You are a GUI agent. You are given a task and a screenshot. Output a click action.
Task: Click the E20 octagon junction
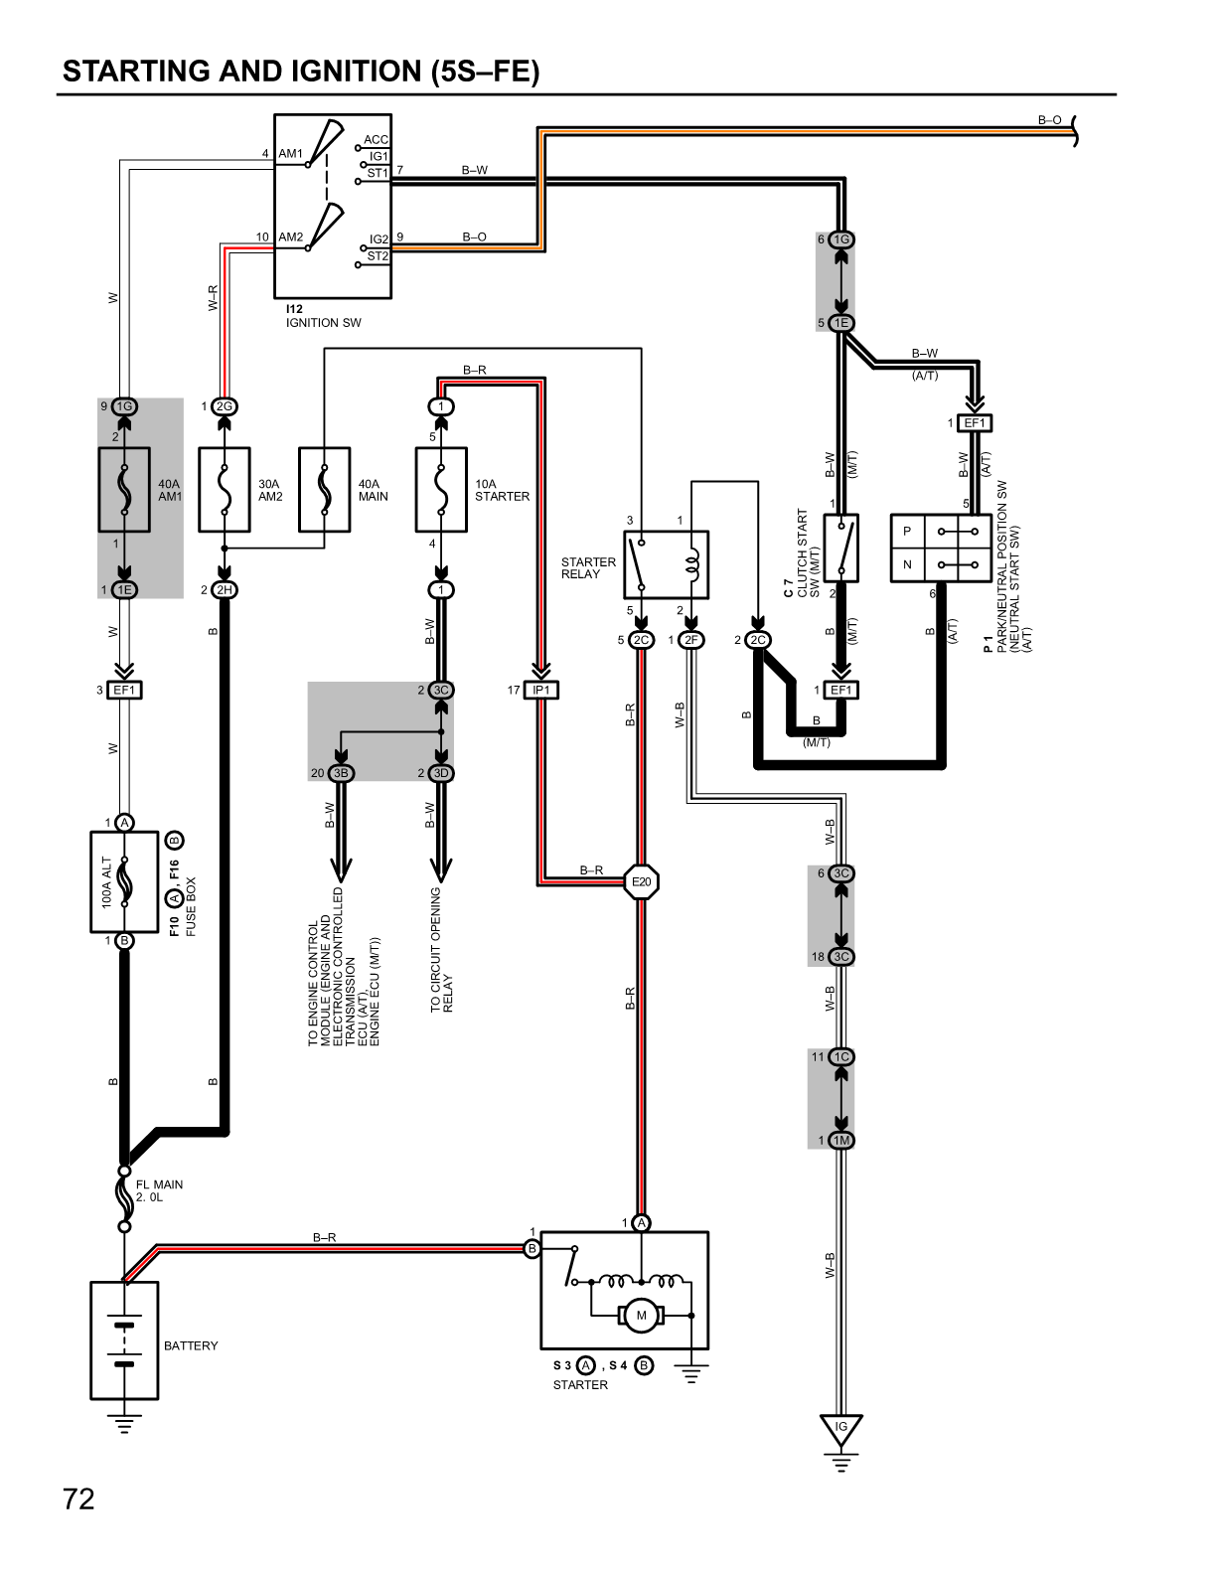(642, 881)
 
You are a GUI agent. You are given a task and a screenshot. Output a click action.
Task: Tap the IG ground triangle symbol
(841, 1427)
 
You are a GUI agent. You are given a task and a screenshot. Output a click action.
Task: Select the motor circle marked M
(641, 1316)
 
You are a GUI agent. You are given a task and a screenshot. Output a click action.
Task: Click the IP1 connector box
(541, 690)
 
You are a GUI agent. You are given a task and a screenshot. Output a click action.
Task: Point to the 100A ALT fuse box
(124, 882)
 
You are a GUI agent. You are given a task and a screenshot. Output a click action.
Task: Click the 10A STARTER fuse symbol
(441, 490)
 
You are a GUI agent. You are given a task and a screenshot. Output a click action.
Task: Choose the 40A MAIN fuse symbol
(325, 490)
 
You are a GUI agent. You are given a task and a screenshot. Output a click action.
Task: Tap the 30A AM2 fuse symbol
(225, 490)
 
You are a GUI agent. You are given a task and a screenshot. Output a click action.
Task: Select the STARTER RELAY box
(667, 563)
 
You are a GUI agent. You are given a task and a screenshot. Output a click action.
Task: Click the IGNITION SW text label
(324, 323)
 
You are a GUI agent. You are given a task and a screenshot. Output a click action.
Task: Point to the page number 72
(78, 1498)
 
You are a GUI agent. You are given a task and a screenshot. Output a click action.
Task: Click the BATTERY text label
(191, 1345)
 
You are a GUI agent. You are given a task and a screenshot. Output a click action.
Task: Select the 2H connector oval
(226, 590)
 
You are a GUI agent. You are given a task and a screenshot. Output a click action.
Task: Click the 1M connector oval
(841, 1141)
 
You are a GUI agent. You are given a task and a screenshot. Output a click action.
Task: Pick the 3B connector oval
(341, 773)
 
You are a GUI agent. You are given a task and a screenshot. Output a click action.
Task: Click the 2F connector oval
(691, 640)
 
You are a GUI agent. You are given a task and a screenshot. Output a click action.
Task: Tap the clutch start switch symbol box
(841, 548)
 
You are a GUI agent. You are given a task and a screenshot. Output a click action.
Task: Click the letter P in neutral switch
(906, 532)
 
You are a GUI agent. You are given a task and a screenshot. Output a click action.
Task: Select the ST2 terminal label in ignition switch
(378, 255)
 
